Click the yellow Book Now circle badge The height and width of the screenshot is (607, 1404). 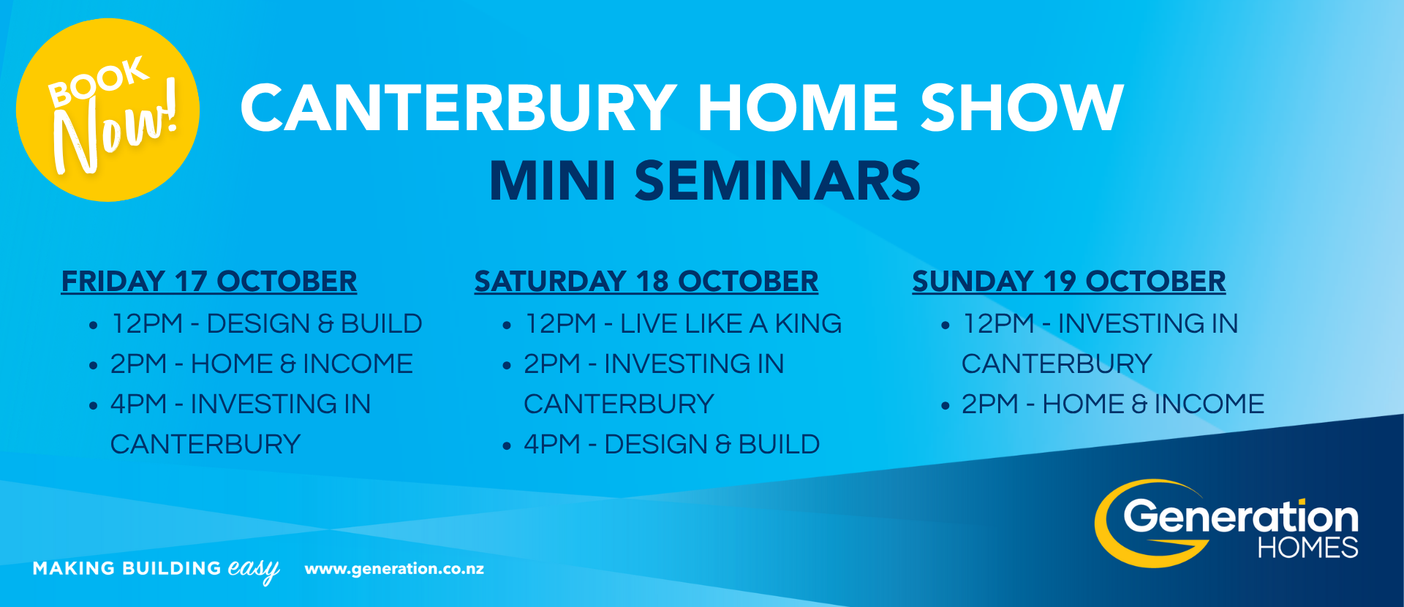pos(107,110)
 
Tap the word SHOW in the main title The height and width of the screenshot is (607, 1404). pos(1022,108)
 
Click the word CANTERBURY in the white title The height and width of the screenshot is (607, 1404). pos(458,108)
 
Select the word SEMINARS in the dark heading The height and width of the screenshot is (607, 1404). pos(777,181)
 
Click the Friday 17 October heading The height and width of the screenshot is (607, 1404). pos(209,282)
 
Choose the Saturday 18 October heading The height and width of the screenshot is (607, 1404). pos(646,282)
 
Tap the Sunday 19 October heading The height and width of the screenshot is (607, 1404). pos(1069,282)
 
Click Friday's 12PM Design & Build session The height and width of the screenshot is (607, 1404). pos(266,323)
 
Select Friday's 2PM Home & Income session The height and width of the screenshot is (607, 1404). pos(261,363)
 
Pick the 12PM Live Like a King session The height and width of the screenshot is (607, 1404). pos(683,323)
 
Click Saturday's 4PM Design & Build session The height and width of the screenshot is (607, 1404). pos(671,444)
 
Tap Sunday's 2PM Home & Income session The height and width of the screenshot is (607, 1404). pos(1112,404)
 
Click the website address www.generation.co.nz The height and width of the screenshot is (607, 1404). pos(394,568)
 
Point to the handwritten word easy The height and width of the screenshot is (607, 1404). pos(254,570)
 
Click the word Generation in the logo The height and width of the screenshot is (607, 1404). pos(1241,516)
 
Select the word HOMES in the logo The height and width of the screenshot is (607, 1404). pos(1307,548)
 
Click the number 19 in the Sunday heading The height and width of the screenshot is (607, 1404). pos(1060,282)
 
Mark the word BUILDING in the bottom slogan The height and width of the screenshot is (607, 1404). pos(172,568)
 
